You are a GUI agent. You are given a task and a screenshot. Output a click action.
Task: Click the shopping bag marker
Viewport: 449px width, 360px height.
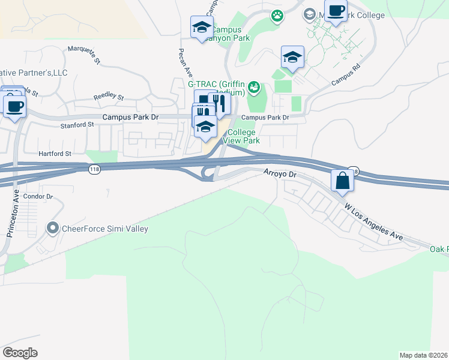click(342, 180)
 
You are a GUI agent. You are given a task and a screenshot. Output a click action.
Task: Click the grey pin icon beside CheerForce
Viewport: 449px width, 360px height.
click(52, 228)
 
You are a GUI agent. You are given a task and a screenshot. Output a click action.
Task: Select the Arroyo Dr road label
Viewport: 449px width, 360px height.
click(281, 173)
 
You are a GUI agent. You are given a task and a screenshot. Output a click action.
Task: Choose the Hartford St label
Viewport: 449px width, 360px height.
click(55, 154)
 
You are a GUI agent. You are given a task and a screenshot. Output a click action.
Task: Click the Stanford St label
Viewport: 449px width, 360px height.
click(78, 125)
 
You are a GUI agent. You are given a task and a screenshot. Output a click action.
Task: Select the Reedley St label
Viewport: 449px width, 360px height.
click(108, 97)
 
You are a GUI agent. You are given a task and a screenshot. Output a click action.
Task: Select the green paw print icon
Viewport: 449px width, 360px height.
click(277, 17)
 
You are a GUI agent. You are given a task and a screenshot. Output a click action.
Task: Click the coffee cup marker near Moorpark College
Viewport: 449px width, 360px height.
click(336, 11)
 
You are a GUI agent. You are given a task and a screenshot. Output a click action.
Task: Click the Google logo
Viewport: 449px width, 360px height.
click(20, 353)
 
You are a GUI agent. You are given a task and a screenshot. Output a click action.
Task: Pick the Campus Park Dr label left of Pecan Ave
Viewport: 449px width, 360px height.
click(130, 118)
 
